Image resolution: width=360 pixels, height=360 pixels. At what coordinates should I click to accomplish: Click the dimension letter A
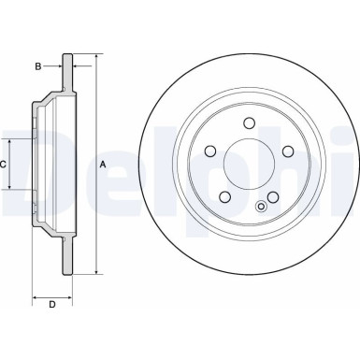coord(104,165)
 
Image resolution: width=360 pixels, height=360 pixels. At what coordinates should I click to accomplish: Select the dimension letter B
coord(37,66)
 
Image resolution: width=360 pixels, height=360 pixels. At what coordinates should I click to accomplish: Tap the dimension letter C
coord(5,164)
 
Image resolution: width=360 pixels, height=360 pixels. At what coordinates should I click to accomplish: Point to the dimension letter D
coord(51,304)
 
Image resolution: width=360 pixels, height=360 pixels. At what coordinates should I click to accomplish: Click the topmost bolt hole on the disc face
coord(250,122)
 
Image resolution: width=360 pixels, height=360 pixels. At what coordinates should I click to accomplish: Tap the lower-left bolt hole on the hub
coord(224,196)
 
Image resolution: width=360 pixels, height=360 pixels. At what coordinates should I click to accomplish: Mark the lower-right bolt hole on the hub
coord(274,196)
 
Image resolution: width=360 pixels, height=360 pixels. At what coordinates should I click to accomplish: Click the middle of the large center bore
coord(250,166)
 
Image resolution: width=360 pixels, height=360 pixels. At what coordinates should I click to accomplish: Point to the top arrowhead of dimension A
coord(94,58)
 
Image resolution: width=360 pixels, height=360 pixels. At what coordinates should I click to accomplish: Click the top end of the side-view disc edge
coord(66,55)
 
